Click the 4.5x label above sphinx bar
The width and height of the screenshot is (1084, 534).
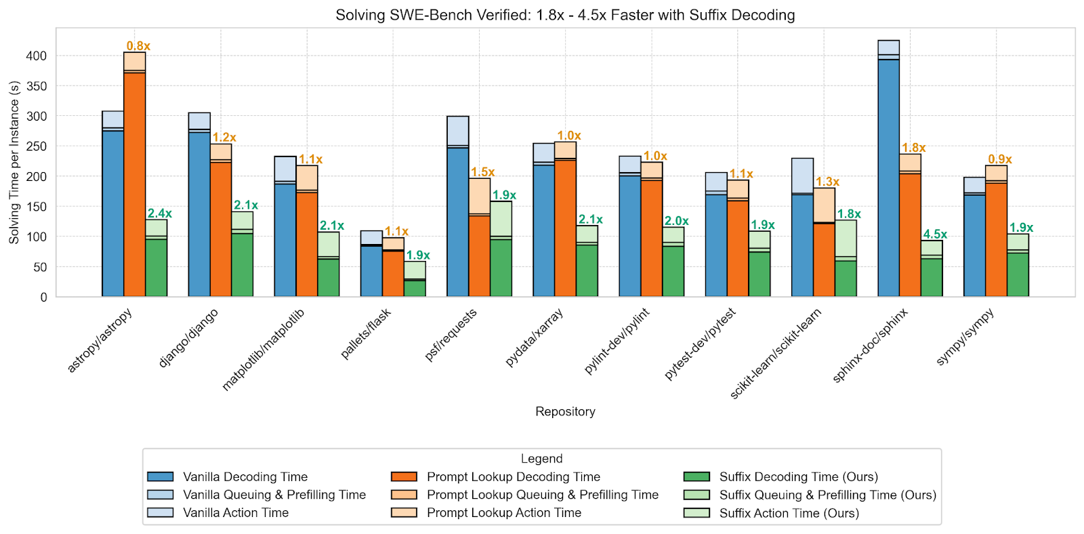pyautogui.click(x=935, y=234)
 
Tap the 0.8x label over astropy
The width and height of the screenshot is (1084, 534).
pyautogui.click(x=138, y=46)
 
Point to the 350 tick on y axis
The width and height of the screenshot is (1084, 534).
pyautogui.click(x=37, y=86)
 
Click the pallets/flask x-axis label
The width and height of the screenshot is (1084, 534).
pyautogui.click(x=367, y=333)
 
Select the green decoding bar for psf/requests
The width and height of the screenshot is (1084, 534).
pyautogui.click(x=501, y=268)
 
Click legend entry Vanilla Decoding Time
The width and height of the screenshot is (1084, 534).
pyautogui.click(x=245, y=477)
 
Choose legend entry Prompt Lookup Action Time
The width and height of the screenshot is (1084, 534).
pyautogui.click(x=503, y=513)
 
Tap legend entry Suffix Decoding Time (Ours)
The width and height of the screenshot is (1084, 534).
pyautogui.click(x=798, y=477)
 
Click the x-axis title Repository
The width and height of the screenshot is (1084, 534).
pyautogui.click(x=565, y=411)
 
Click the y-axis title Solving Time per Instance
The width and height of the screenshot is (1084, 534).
pyautogui.click(x=14, y=163)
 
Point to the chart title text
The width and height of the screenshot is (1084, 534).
pyautogui.click(x=565, y=15)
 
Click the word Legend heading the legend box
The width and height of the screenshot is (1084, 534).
pyautogui.click(x=541, y=459)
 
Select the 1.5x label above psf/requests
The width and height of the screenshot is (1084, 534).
pyautogui.click(x=482, y=172)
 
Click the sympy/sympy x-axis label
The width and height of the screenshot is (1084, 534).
pyautogui.click(x=965, y=336)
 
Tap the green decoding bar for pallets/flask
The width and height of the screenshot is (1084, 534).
pyautogui.click(x=415, y=288)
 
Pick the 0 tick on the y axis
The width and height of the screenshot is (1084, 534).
pyautogui.click(x=44, y=297)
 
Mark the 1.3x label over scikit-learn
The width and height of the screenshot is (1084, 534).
pyautogui.click(x=827, y=182)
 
